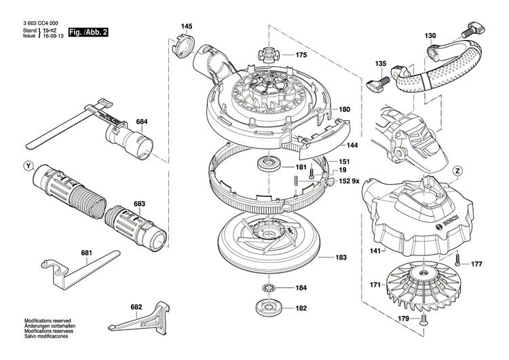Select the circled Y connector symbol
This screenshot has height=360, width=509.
click(27, 166)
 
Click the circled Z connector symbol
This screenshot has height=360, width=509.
click(459, 170)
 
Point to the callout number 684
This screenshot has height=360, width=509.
click(141, 122)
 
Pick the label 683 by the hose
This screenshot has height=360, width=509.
click(139, 203)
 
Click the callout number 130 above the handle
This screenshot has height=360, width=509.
click(431, 35)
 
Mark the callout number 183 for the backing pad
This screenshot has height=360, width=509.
click(341, 257)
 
